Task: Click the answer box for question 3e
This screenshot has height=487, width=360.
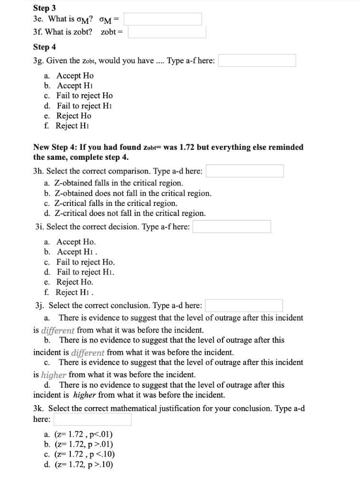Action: pos(163,19)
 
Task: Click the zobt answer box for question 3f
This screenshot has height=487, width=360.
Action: pos(167,32)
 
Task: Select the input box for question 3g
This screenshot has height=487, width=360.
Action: pos(257,60)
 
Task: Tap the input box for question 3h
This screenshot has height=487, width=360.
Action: pos(244,171)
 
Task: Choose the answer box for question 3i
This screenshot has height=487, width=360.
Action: pos(232,227)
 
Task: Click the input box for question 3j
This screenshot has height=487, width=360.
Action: pos(244,305)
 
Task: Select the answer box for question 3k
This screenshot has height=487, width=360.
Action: pos(93,419)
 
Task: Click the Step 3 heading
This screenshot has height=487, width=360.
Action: pos(44,8)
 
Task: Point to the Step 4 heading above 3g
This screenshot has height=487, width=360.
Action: pos(44,47)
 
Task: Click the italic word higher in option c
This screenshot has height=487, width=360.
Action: pos(54,374)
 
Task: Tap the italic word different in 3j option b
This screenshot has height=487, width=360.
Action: pos(88,352)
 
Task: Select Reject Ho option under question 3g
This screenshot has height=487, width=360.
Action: pos(74,116)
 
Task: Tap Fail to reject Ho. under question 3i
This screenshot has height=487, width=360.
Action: pos(86,262)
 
